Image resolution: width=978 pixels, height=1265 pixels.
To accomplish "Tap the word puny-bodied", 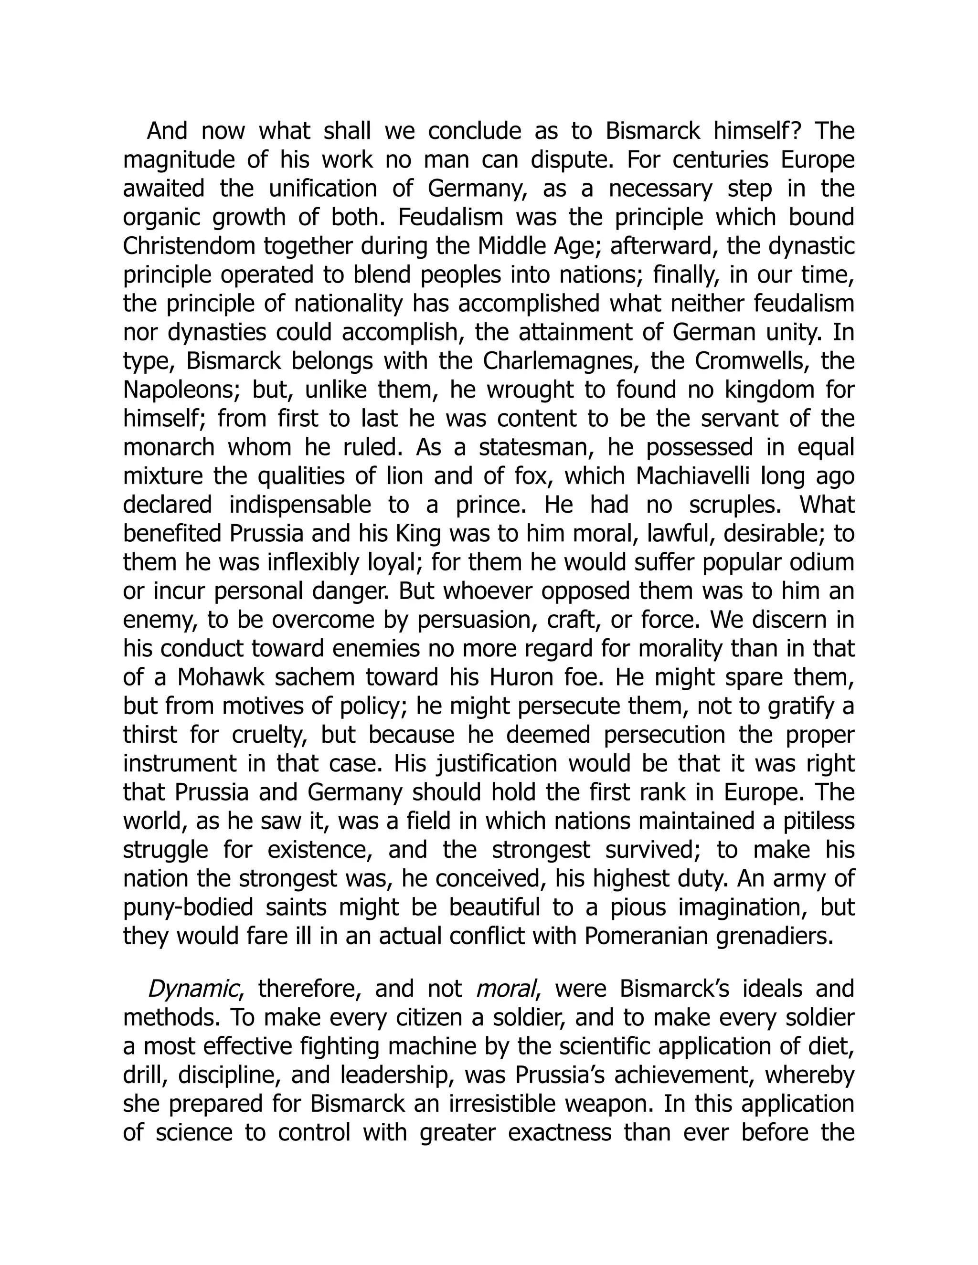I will point(188,907).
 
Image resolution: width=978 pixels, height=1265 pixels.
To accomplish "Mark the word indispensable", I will point(300,505).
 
